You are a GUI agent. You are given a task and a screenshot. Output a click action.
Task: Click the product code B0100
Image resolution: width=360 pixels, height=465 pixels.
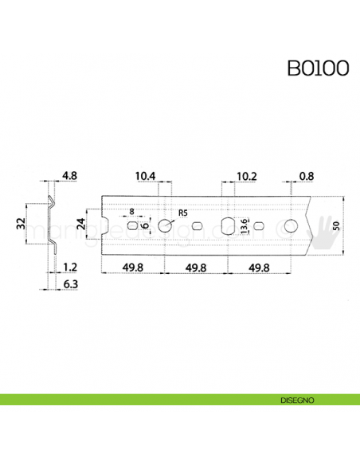point(318,68)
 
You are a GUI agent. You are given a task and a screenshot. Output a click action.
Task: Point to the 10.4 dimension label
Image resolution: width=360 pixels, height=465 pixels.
point(145,176)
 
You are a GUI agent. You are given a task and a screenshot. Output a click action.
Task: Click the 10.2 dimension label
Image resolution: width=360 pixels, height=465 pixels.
point(246,176)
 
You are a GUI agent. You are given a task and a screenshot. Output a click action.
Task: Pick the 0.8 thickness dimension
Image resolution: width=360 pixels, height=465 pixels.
point(307,176)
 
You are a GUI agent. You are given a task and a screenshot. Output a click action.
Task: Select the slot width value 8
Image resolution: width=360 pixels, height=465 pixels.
point(132,213)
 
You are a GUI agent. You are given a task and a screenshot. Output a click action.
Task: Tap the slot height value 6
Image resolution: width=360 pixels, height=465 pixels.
point(146,226)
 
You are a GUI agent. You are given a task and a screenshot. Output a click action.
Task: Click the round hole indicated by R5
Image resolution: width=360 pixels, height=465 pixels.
point(165,226)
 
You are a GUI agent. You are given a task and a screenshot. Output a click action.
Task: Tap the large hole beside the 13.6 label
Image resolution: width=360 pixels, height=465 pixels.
point(228,226)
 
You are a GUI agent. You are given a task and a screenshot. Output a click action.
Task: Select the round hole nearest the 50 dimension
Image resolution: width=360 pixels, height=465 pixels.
point(292,226)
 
